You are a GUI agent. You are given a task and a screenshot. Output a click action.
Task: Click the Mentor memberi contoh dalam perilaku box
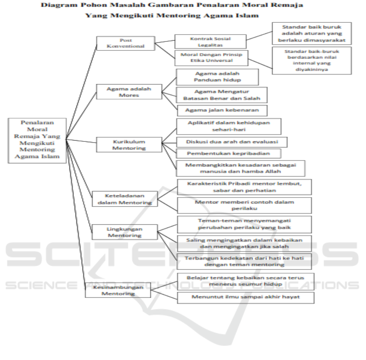tap(243, 205)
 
